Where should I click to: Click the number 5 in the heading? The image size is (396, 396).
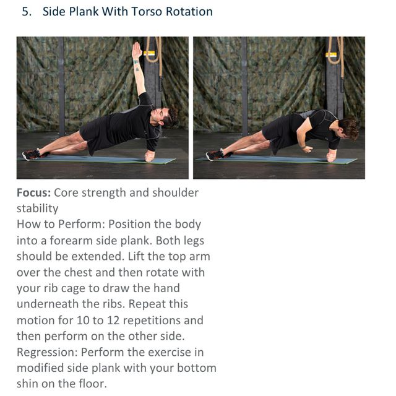(25, 12)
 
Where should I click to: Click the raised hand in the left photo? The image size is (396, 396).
(136, 50)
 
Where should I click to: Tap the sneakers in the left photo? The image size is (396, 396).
(31, 154)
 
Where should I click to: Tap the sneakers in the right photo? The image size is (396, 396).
(214, 154)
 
